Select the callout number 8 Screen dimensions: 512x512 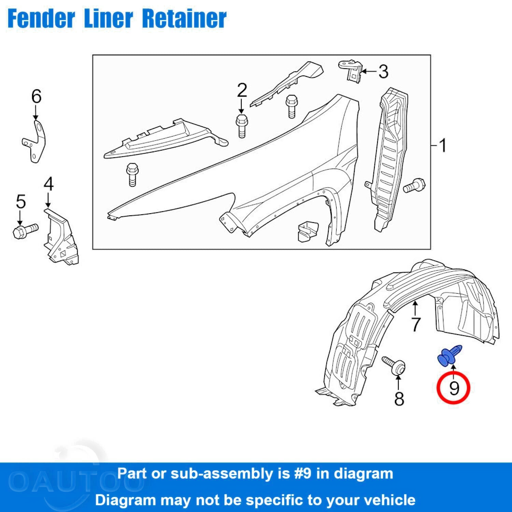[x=399, y=398]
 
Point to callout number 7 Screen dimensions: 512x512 [x=415, y=324]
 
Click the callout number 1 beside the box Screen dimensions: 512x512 [x=443, y=146]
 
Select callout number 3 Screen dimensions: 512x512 [x=383, y=72]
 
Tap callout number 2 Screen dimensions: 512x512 [x=242, y=91]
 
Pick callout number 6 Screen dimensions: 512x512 [x=36, y=97]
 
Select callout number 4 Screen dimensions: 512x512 [x=48, y=184]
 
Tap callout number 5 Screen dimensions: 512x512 [x=21, y=202]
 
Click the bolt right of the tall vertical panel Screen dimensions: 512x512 [x=414, y=186]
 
